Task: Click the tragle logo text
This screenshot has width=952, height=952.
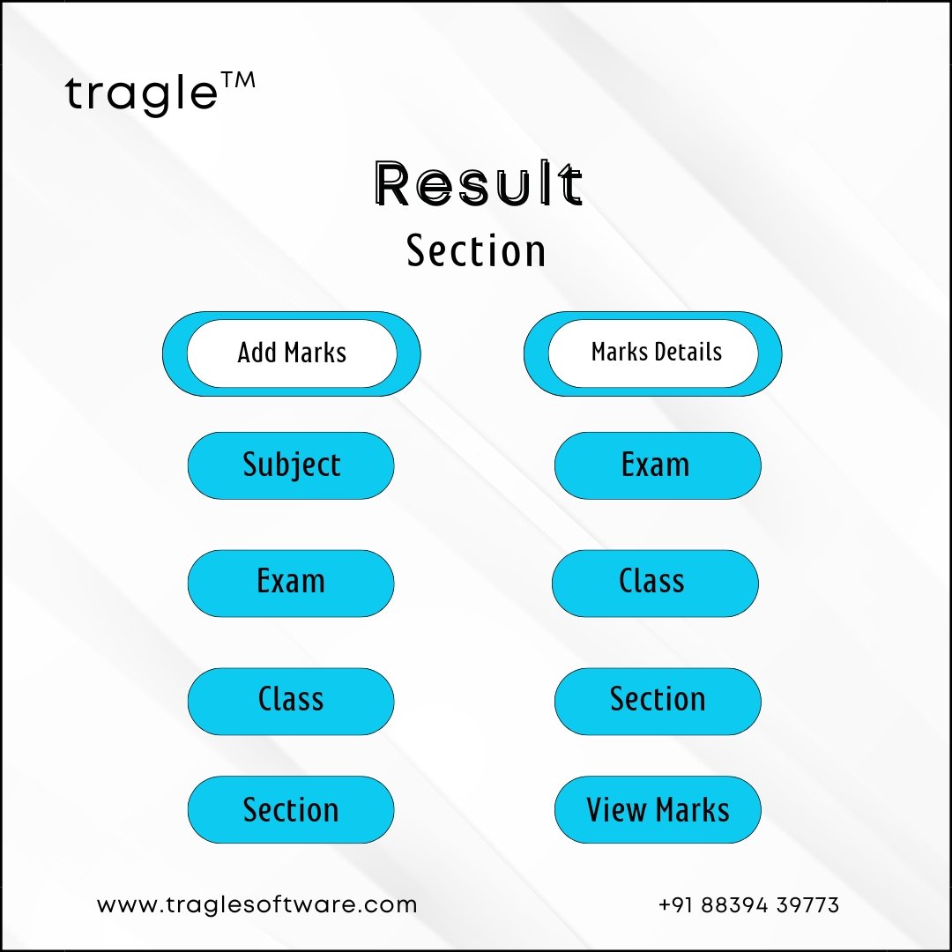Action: point(141,94)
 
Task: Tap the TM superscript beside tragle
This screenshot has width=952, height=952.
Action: point(238,80)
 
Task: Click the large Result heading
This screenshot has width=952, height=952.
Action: point(479,183)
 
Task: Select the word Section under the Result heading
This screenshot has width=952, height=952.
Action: point(476,250)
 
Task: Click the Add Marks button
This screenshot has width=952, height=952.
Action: point(292,353)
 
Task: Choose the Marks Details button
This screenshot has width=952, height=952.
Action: point(652,353)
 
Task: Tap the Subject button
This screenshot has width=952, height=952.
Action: point(291,465)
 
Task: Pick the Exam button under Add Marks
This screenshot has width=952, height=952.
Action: point(291,583)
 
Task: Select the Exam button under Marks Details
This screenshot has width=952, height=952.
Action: point(658,465)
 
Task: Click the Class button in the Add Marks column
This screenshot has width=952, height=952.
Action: point(291,702)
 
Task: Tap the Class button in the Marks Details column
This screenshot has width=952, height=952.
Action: point(655,583)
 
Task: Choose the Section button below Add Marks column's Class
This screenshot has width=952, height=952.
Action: point(291,809)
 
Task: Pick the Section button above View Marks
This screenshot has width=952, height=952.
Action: point(658,702)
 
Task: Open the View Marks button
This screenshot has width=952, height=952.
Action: point(658,809)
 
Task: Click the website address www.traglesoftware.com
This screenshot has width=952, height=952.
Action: point(257,904)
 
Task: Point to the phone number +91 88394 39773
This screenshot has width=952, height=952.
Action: point(748,904)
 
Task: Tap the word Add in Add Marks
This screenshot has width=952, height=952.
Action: point(257,352)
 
